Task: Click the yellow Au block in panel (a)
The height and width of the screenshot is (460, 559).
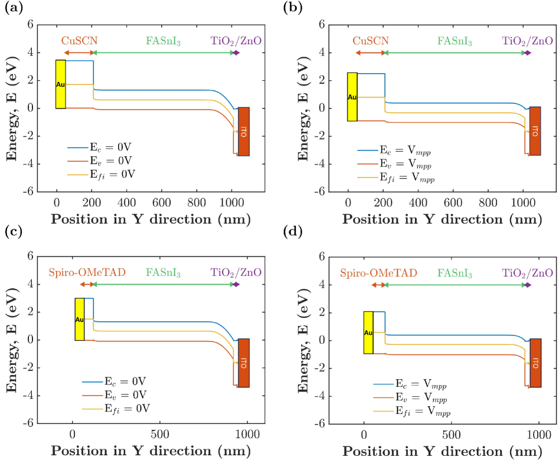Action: [x=60, y=84]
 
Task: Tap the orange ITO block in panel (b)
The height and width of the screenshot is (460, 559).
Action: [x=535, y=131]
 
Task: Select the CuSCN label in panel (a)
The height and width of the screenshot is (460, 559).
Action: [x=79, y=41]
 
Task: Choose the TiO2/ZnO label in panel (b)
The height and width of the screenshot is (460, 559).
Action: [x=528, y=41]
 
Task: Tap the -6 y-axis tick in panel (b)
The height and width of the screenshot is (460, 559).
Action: [x=321, y=192]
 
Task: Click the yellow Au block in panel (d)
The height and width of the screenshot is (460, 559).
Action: [x=368, y=333]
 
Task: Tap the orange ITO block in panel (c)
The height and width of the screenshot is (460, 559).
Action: [x=243, y=363]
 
